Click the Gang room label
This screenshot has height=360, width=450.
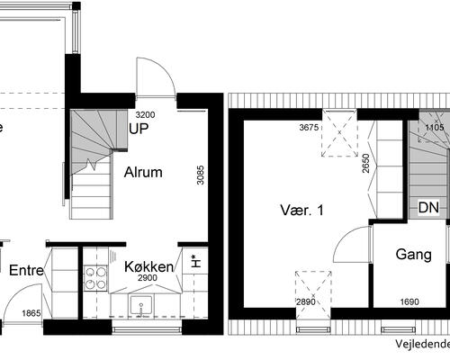coord(414,255)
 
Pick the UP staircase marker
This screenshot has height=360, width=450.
coord(139,129)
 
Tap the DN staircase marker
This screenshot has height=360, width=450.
coord(428,208)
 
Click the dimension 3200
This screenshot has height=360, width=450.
coord(145,115)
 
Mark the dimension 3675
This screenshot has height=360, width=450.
coord(310,128)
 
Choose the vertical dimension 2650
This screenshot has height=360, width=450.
coord(366,163)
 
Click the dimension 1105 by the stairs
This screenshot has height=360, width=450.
coord(435,128)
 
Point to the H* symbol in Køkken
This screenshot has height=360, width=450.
coord(194,262)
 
